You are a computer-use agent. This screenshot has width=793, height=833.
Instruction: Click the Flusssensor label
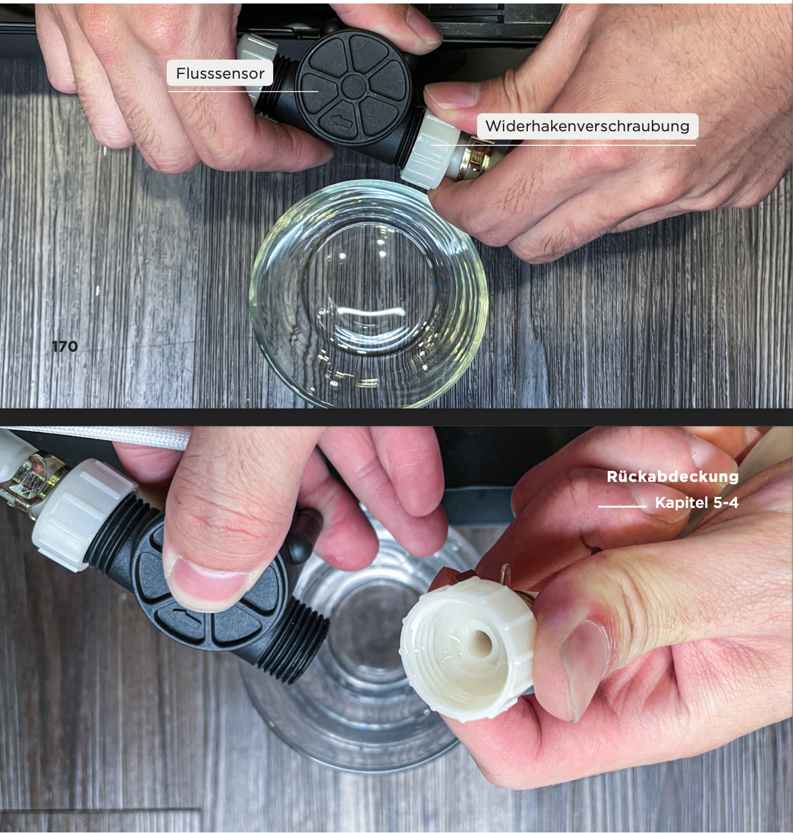(220, 73)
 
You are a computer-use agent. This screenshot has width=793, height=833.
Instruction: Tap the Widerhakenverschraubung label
(588, 126)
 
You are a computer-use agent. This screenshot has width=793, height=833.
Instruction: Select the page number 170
(65, 347)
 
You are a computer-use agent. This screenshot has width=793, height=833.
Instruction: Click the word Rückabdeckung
(673, 476)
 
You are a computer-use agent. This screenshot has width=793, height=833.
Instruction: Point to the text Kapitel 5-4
(697, 503)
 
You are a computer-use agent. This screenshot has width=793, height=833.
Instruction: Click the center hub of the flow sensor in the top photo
(354, 86)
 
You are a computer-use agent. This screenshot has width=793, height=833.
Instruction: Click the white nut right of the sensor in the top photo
(428, 151)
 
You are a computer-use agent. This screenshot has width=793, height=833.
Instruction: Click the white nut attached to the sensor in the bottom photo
(83, 515)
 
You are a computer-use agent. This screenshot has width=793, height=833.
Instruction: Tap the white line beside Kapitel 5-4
(622, 506)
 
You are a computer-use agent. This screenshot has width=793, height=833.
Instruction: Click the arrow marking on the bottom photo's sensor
(186, 617)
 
